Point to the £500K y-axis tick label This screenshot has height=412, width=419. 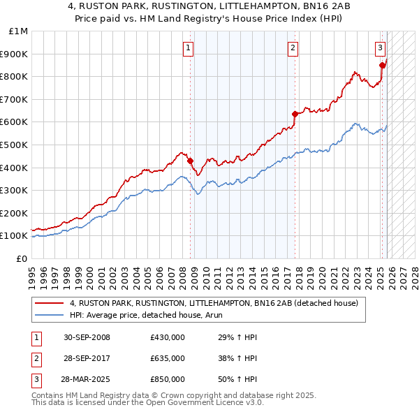click(16, 145)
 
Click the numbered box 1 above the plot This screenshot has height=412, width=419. click(189, 48)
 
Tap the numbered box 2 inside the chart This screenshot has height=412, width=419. click(292, 48)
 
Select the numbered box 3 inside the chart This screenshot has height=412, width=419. click(380, 48)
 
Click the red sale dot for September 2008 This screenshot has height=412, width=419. click(191, 161)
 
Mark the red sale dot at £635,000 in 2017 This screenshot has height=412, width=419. click(295, 114)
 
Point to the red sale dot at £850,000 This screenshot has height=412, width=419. click(382, 65)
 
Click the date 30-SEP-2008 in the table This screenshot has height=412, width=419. click(87, 337)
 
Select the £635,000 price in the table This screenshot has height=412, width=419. click(168, 358)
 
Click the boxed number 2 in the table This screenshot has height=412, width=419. click(35, 358)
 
